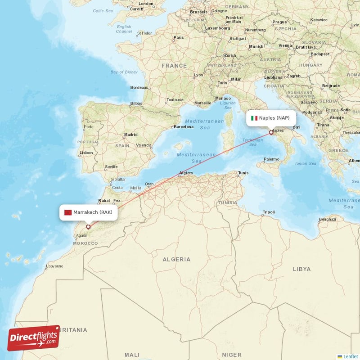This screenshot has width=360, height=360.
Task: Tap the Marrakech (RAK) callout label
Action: click(x=89, y=212)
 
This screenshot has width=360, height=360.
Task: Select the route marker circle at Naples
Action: click(x=271, y=132)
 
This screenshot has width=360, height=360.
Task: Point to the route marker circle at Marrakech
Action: click(x=88, y=227)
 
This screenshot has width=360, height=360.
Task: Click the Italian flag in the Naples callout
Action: click(x=254, y=118)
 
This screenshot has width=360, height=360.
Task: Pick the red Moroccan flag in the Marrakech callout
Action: click(x=68, y=212)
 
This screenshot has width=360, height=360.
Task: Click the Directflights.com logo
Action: click(x=34, y=338)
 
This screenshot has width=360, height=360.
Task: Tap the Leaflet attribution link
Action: click(x=350, y=356)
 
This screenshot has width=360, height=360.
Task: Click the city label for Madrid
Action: click(x=131, y=135)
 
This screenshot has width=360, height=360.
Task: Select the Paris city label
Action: click(x=179, y=37)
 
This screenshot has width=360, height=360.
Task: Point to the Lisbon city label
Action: click(x=86, y=153)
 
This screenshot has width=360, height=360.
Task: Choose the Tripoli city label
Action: click(x=269, y=212)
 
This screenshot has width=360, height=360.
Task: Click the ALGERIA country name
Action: click(x=176, y=259)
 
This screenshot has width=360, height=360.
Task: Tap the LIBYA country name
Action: click(x=301, y=269)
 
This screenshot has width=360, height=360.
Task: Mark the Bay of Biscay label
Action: click(x=124, y=72)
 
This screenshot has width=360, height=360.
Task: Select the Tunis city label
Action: click(x=243, y=173)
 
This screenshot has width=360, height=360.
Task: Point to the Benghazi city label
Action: click(x=327, y=219)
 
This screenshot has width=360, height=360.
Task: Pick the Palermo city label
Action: click(x=271, y=159)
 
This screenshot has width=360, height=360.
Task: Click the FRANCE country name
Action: click(x=174, y=66)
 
